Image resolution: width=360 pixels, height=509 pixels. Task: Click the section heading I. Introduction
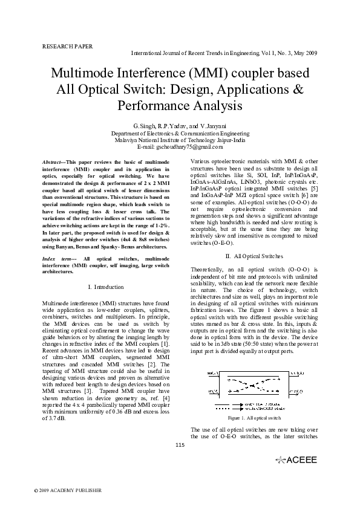tap(106, 287)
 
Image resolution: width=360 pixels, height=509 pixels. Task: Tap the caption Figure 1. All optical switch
tap(254, 418)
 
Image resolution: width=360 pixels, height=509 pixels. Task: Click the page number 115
tap(179, 446)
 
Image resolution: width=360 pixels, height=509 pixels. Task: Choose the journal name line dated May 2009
tap(224, 53)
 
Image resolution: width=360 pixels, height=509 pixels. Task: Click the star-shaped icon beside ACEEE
tap(280, 460)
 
